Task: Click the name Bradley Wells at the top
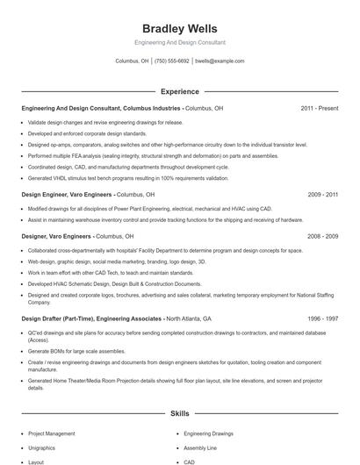coord(179,29)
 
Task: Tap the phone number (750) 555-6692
coord(171,61)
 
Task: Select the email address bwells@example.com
coord(220,61)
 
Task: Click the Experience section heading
coord(179,91)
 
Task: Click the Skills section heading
coord(179,412)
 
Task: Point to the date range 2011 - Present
coord(319,108)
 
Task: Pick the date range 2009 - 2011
coord(322,194)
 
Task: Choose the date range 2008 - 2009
coord(322,236)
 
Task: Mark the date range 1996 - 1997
coord(322,318)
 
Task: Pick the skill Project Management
coord(52,433)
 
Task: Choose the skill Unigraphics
coord(43,447)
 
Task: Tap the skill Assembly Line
coord(201,447)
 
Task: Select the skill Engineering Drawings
coord(209,433)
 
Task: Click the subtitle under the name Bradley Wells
coord(179,42)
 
